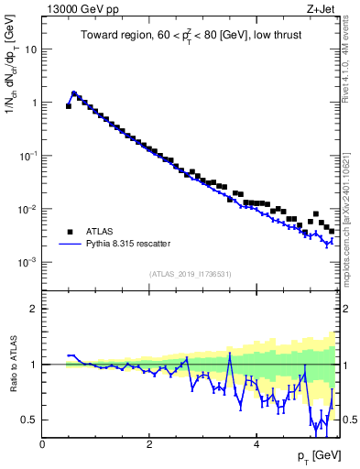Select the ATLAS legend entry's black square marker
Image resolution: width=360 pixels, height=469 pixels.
click(x=69, y=232)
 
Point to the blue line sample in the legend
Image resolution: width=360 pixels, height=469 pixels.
click(x=69, y=245)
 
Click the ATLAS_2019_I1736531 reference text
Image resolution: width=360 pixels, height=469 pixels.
click(x=191, y=274)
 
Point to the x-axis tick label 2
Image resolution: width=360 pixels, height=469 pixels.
click(x=149, y=443)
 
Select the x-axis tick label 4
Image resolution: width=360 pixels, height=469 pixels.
click(x=256, y=443)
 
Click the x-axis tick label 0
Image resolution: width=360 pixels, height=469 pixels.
click(x=43, y=443)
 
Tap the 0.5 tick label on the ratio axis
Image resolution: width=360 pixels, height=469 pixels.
click(x=28, y=420)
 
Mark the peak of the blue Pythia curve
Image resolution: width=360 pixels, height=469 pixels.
click(x=74, y=93)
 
